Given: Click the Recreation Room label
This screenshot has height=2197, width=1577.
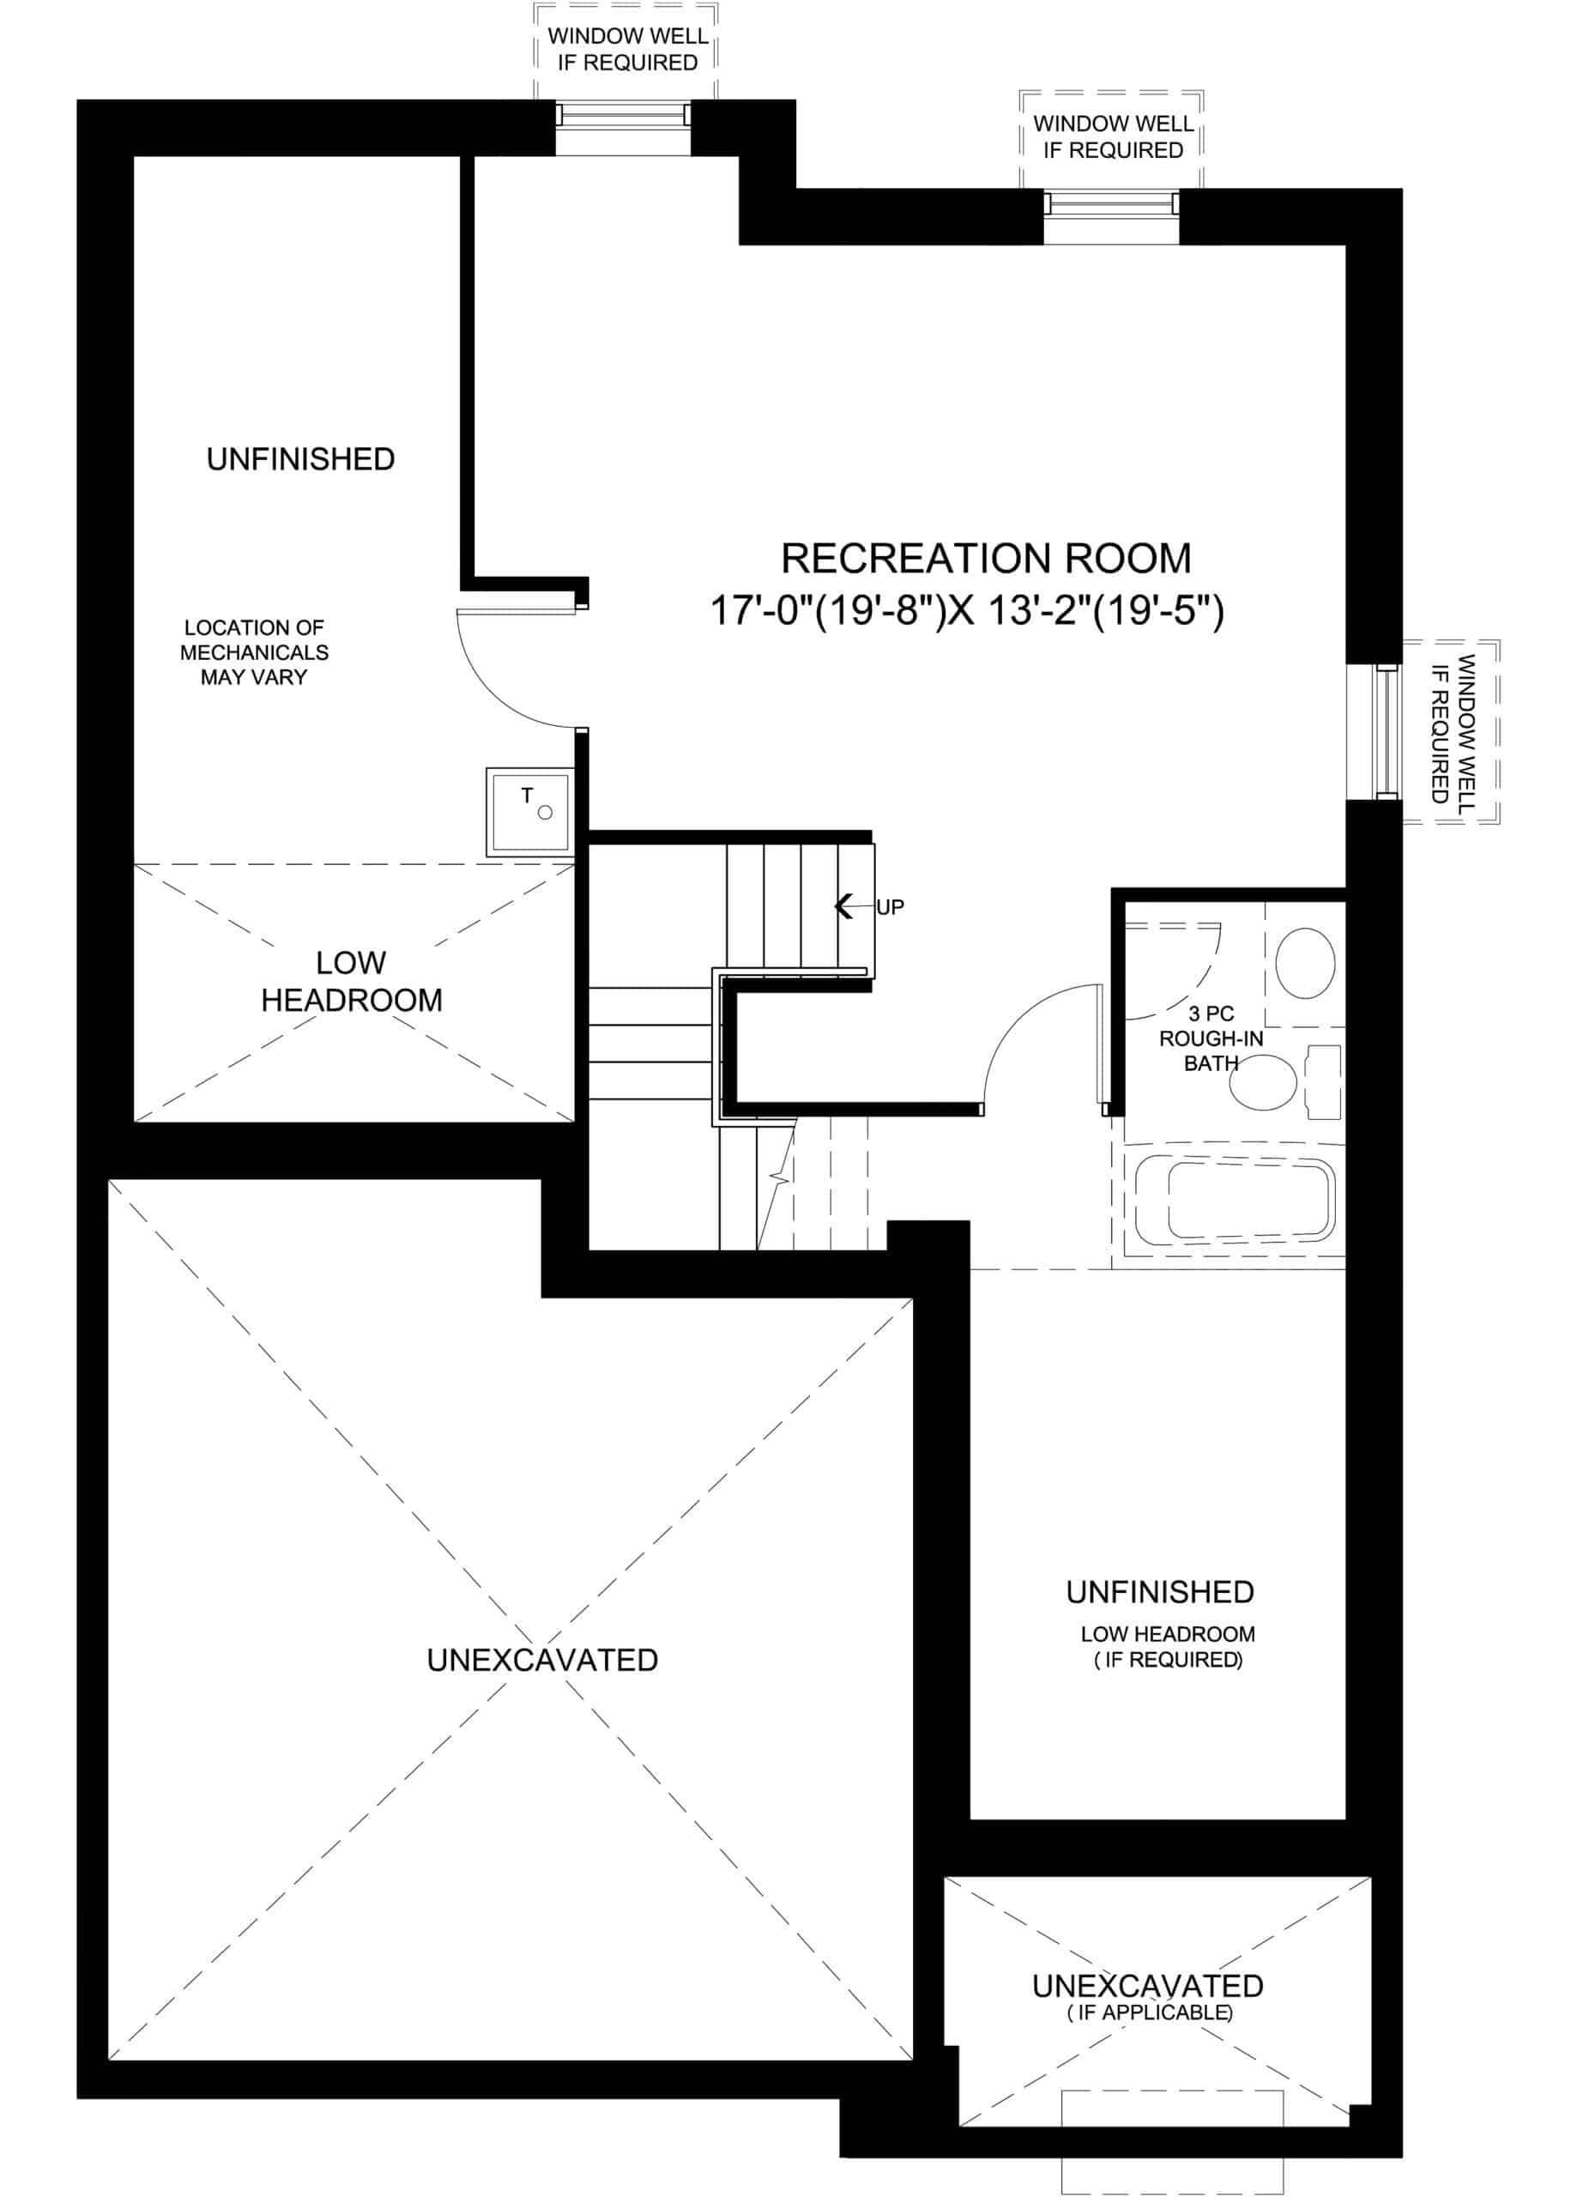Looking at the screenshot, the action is point(985,558).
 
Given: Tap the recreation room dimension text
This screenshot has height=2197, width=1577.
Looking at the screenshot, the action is point(968,611).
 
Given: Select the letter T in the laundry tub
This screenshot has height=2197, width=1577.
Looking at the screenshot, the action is point(527,795).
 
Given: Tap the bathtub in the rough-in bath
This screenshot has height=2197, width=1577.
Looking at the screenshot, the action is point(1234,1197).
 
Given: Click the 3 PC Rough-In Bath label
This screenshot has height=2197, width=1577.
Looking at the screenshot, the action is point(1211,1038).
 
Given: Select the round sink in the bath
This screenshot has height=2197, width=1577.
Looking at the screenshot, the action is point(1305,963).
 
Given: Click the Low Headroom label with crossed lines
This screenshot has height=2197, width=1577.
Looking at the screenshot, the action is point(352,981).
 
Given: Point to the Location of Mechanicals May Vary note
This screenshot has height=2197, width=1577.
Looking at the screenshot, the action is point(254,652).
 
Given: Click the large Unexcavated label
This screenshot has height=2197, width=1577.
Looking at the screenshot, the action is point(542,1660).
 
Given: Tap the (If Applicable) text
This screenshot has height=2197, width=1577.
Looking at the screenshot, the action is point(1150,2012).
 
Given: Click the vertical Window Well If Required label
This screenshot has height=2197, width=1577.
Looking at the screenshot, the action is point(1452,729).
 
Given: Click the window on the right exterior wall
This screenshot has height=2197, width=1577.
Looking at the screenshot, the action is point(1388,731).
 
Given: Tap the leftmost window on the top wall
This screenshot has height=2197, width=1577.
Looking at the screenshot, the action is point(623,115).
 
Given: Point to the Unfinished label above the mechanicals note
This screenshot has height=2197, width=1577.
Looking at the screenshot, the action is point(300,459).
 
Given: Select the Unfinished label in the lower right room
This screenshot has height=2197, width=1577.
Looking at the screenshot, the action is point(1159,1592).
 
